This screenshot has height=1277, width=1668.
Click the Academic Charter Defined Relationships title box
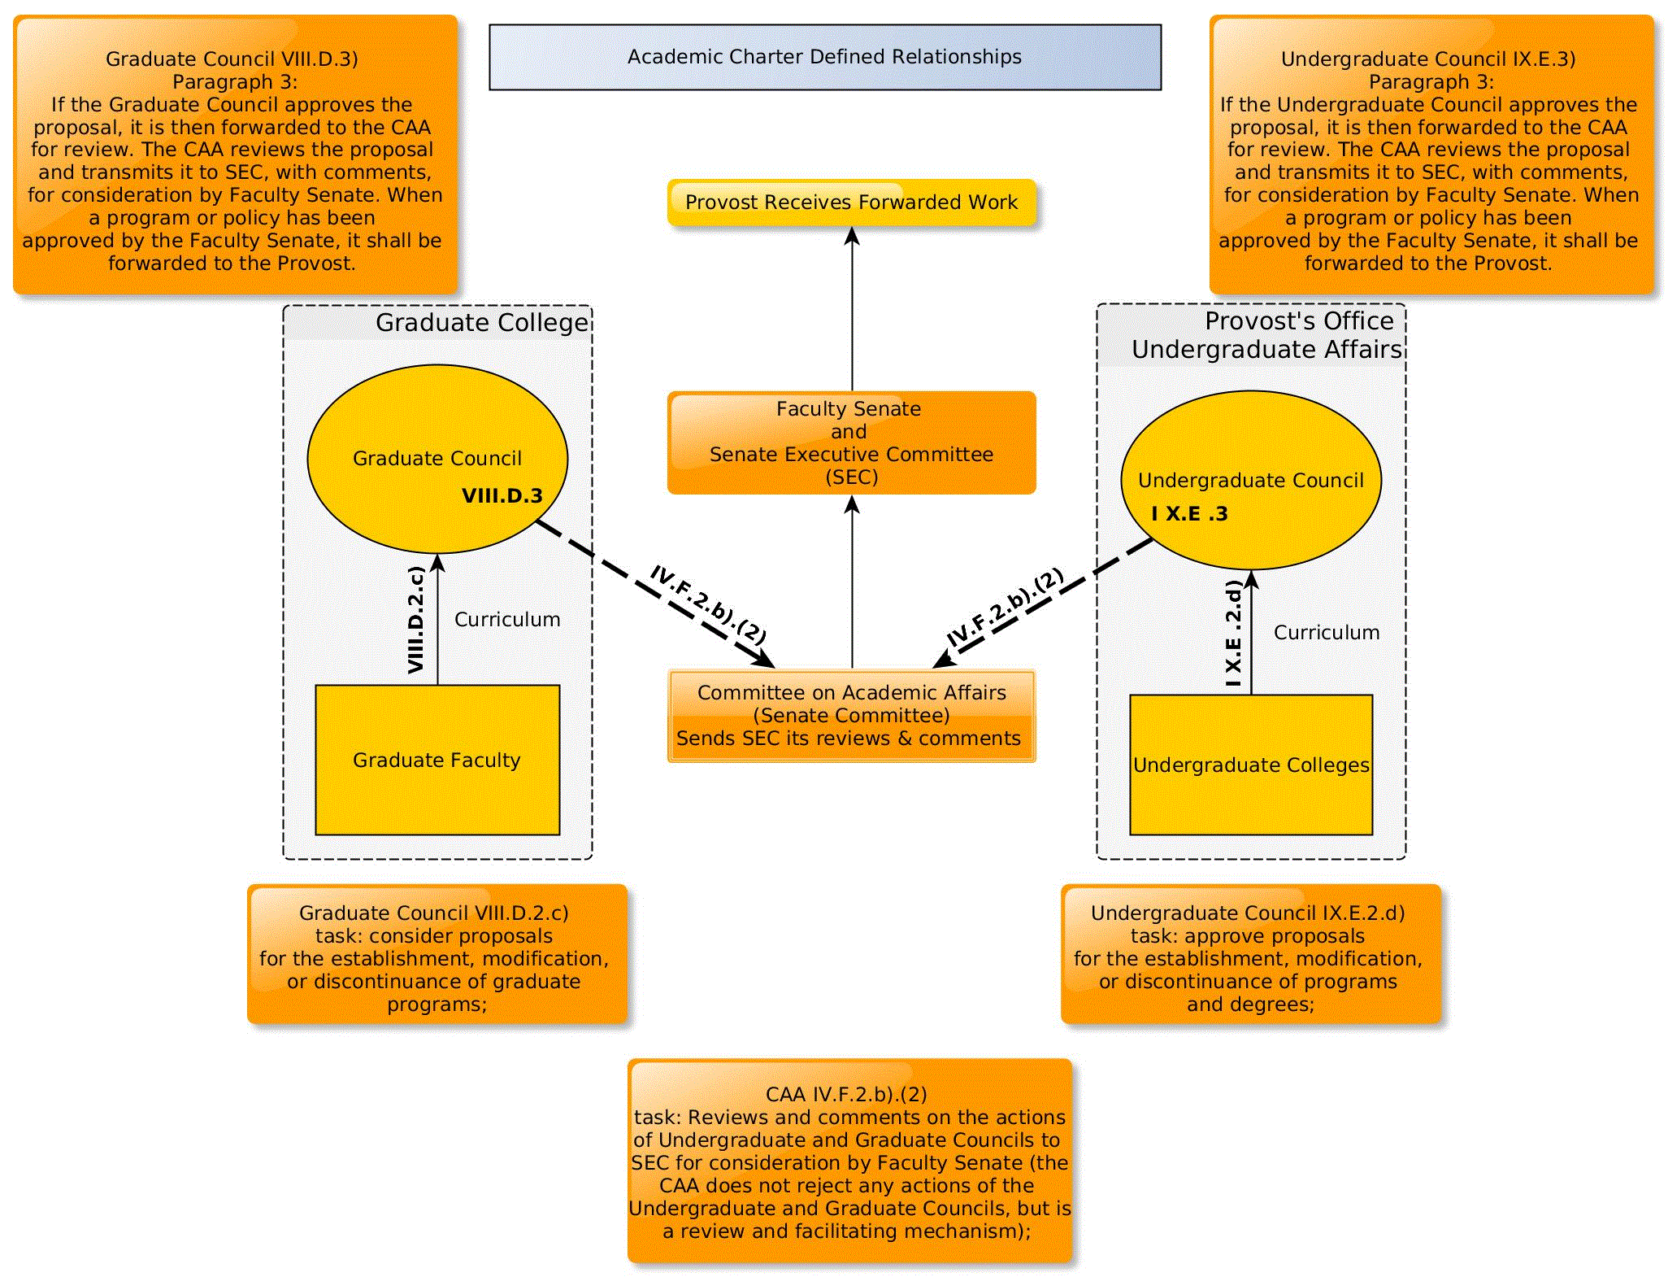[x=824, y=57]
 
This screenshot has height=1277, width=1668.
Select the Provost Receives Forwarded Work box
[x=851, y=203]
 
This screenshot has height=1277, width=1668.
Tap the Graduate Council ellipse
[x=437, y=458]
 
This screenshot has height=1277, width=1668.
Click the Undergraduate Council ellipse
[x=1250, y=480]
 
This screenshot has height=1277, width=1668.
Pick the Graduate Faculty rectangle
[x=437, y=760]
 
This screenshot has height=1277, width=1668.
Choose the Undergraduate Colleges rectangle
[x=1250, y=765]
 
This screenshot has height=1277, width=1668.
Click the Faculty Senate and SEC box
[x=851, y=442]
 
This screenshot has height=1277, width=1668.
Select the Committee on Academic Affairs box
[x=851, y=716]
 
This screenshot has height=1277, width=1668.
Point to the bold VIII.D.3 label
[x=502, y=496]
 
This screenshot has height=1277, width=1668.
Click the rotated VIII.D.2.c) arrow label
[x=416, y=620]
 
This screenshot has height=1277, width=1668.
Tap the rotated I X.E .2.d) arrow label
[x=1234, y=633]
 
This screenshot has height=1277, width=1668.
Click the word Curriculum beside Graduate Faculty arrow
[x=507, y=620]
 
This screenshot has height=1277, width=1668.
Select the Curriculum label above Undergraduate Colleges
[x=1326, y=633]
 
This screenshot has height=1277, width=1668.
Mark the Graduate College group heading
[x=481, y=323]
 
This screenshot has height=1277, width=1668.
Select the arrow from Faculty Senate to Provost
[x=852, y=309]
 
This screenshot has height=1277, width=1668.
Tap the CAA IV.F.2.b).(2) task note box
[x=850, y=1162]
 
